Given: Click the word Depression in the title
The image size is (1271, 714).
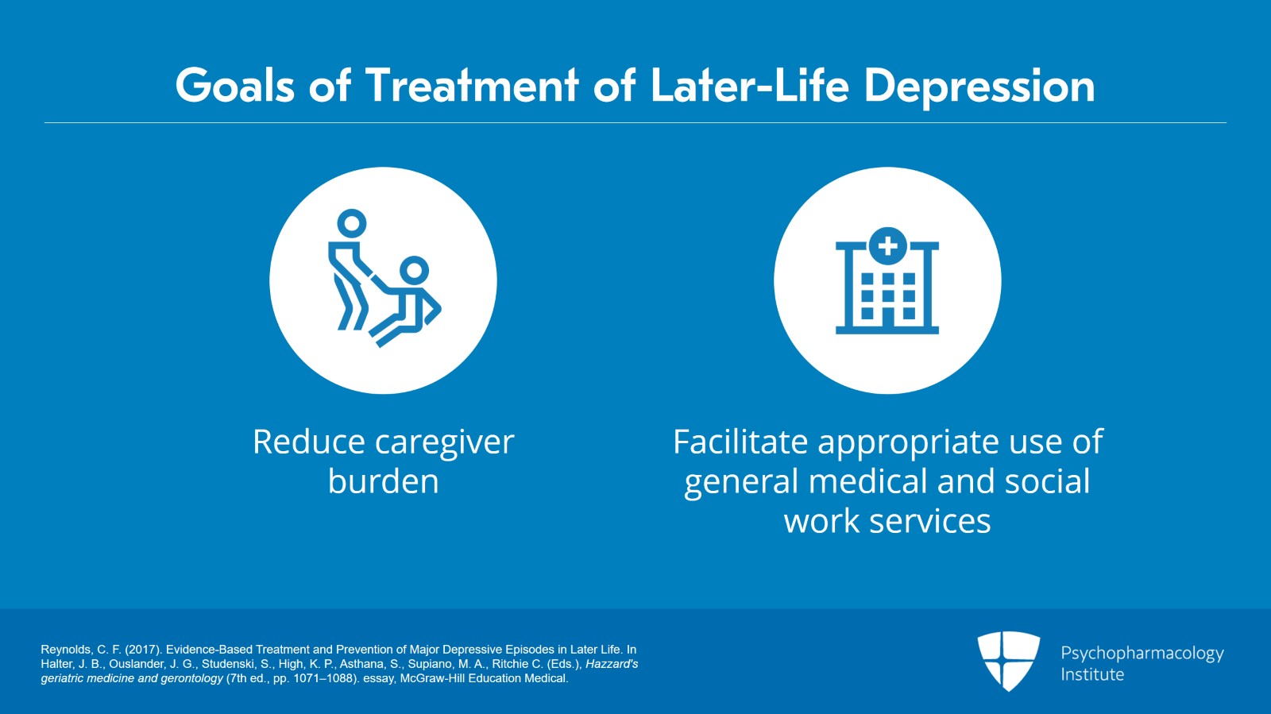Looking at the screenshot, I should click(979, 86).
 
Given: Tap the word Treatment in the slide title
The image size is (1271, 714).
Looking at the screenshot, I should click(472, 86).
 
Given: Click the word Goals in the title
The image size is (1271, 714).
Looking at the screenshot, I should click(234, 86).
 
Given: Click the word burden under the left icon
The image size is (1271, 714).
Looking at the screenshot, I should click(383, 482).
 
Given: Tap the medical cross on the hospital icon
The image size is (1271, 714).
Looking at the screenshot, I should click(887, 246).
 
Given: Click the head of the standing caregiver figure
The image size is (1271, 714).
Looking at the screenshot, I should click(351, 223).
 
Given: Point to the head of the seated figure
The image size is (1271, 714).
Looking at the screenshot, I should click(414, 270).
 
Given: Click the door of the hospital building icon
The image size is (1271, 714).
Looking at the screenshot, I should click(887, 315).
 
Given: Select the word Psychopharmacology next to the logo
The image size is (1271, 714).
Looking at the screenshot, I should click(1142, 653).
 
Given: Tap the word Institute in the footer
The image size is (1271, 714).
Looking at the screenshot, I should click(1092, 674).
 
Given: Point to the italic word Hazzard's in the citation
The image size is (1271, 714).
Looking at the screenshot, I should click(612, 664).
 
